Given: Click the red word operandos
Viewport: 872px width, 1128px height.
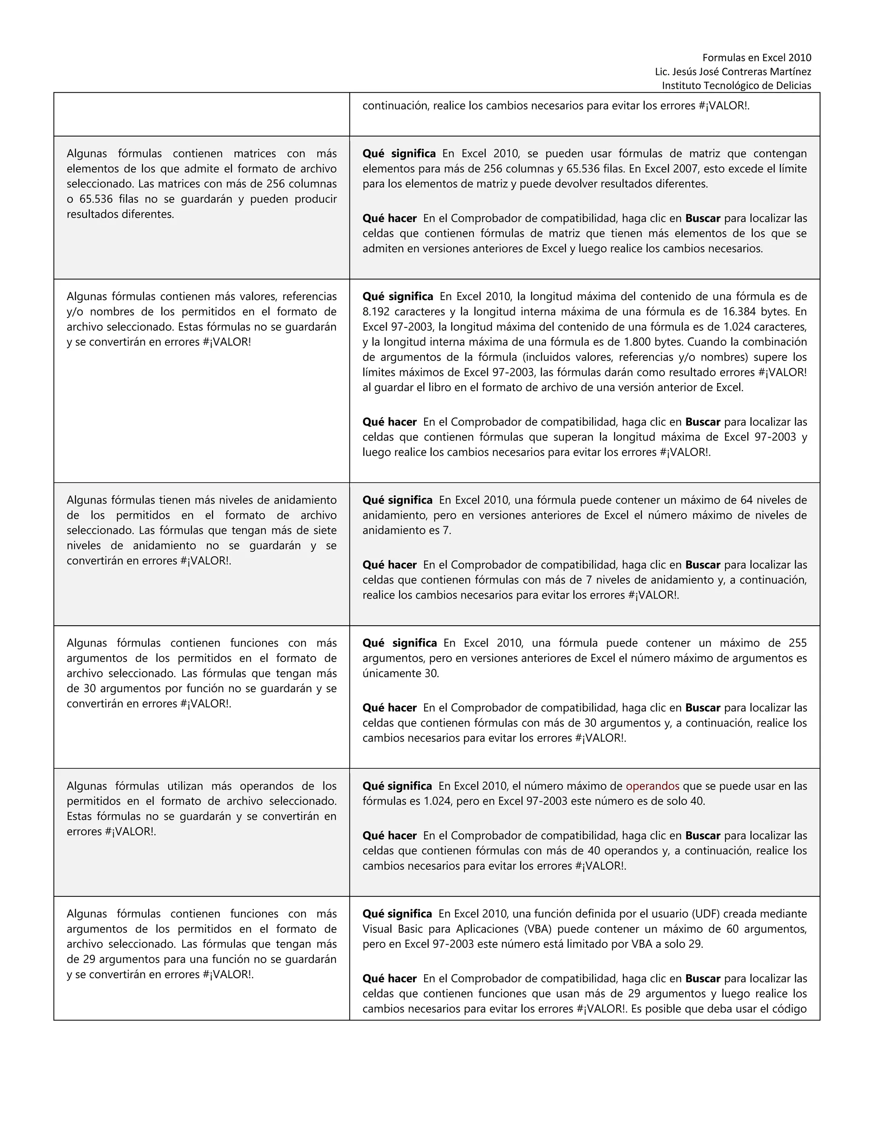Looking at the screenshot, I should tap(652, 786).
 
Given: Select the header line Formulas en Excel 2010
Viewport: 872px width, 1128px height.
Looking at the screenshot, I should tap(756, 58).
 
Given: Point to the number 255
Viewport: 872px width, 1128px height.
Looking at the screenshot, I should tap(797, 643).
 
